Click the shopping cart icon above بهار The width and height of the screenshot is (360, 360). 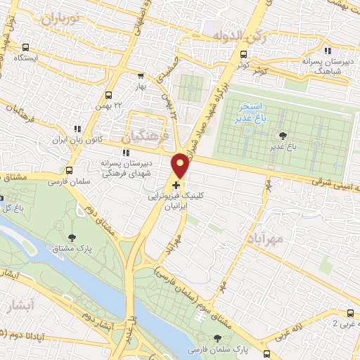tap(141, 75)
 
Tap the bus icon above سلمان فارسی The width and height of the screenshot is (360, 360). tap(69, 170)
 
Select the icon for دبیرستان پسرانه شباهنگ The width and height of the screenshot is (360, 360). tap(328, 51)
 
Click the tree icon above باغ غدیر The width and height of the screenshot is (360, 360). tap(283, 136)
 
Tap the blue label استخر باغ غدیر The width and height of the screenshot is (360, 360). tap(250, 111)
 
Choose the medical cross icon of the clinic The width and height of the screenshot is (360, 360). tap(176, 184)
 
